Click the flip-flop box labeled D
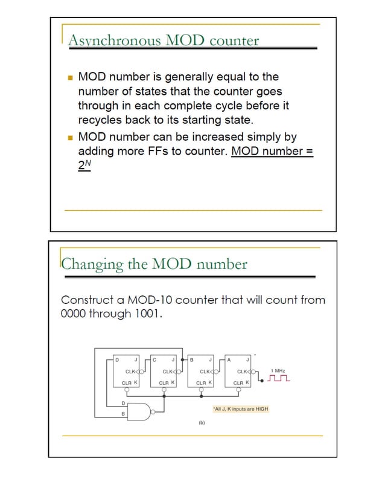coord(128,371)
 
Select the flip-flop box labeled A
coord(240,371)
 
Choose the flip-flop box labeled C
coord(165,371)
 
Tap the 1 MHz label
coord(279,370)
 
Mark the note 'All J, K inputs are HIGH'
coord(240,410)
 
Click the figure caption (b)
coord(202,422)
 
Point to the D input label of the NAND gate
coord(123,403)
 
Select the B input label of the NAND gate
coord(123,414)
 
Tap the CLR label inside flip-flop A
coord(238,382)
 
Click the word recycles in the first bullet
coord(100,120)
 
